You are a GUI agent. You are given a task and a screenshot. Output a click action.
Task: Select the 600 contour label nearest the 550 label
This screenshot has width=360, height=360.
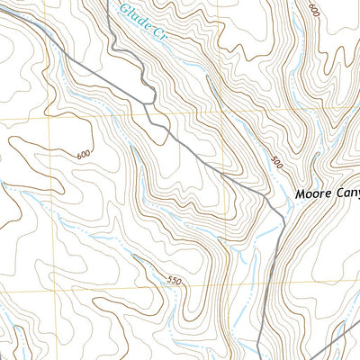[84, 156]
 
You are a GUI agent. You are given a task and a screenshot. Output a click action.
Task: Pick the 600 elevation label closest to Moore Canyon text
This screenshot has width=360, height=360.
[313, 10]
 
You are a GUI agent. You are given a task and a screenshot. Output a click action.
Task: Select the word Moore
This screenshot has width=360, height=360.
[311, 193]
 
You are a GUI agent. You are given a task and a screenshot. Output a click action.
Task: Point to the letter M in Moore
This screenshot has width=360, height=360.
[299, 193]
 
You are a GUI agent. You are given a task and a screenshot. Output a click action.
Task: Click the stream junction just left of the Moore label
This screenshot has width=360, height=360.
[286, 209]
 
